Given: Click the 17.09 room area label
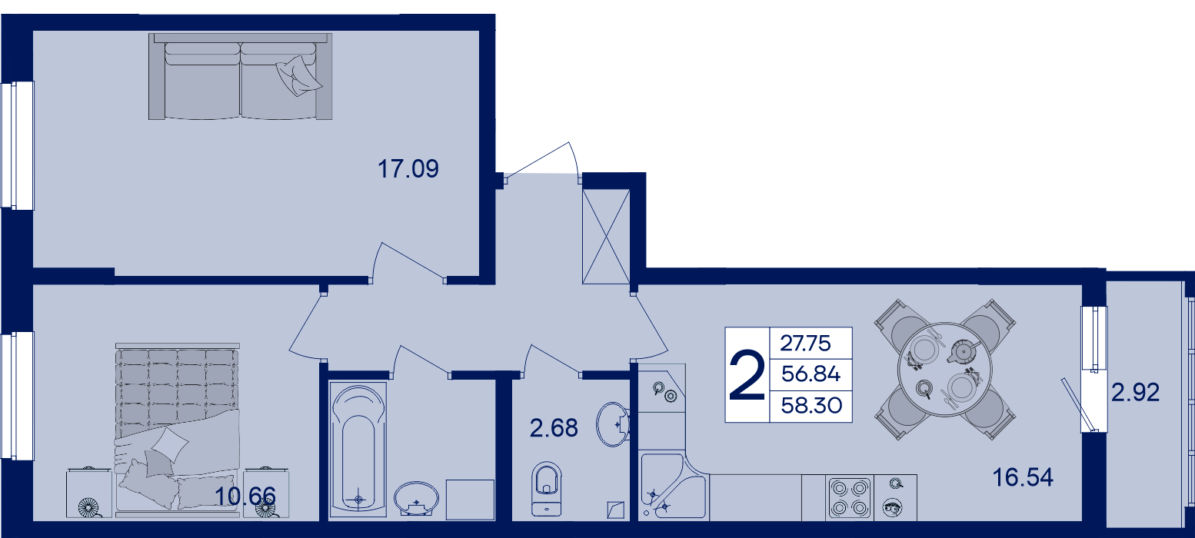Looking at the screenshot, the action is coord(408,169).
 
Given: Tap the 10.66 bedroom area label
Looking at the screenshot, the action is coord(245,496).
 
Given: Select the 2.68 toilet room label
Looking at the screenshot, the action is coord(554,428).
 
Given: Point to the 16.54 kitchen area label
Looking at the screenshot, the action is coord(1023,477).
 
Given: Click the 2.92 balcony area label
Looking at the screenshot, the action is coord(1135,393).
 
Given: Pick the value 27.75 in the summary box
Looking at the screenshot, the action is coord(806,344).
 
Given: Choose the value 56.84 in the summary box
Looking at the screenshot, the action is coord(811,374).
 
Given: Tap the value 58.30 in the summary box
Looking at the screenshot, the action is coord(811,406).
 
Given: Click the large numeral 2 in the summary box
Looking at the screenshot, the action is coord(747,374).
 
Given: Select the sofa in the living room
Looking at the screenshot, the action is coord(240,76).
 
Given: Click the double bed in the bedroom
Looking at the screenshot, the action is coord(177,430).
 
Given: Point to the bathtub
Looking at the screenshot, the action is coord(358,450).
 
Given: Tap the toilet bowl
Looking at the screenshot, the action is coord(547,488).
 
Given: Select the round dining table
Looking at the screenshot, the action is coord(945,370).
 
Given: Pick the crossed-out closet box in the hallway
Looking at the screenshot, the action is coord(606,236).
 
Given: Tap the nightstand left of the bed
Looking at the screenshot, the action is coord(89,493).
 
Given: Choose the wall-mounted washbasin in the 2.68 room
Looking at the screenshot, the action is coord(614,424).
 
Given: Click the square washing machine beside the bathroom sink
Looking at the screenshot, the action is coord(470,500).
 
